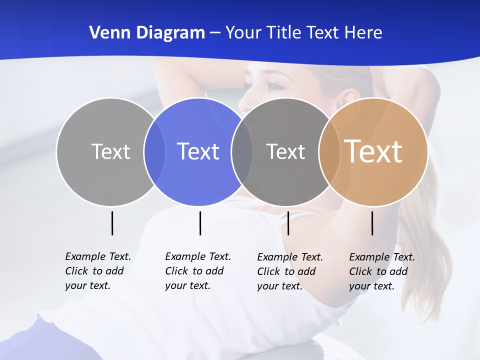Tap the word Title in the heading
click(284, 33)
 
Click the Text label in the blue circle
click(198, 151)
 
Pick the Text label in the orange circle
click(373, 151)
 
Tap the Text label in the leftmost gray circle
click(111, 151)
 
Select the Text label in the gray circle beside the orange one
click(285, 151)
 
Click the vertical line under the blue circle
click(200, 223)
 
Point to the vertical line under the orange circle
click(372, 223)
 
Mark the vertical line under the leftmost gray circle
click(112, 223)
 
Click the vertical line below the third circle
click(288, 223)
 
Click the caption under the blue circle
click(197, 271)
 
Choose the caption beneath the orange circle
click(381, 271)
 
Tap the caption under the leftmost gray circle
click(97, 271)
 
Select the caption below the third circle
click(289, 271)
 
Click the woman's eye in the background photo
click(273, 86)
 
